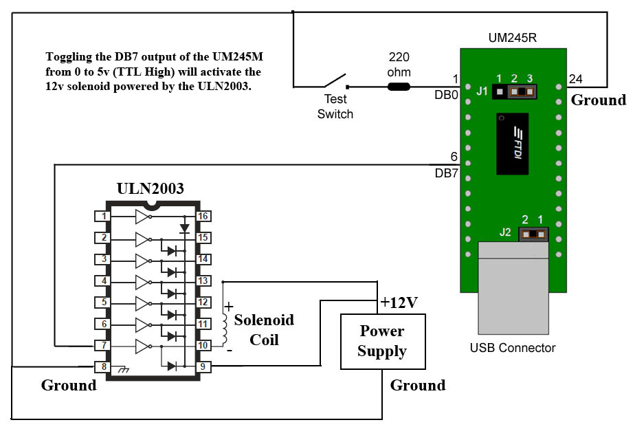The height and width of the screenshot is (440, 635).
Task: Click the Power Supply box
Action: click(x=382, y=341)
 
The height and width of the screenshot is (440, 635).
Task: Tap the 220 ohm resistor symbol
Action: click(x=399, y=87)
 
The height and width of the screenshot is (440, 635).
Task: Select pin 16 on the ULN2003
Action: click(x=204, y=217)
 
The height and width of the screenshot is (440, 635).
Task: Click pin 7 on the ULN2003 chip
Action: click(x=104, y=344)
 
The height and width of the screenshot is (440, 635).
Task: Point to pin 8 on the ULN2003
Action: click(x=104, y=366)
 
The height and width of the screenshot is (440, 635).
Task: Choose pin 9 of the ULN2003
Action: click(x=204, y=366)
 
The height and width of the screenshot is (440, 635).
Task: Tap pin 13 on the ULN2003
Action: click(x=204, y=280)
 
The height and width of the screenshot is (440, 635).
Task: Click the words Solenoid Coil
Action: click(x=264, y=329)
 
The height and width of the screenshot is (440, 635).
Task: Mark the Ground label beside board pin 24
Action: click(x=599, y=100)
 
